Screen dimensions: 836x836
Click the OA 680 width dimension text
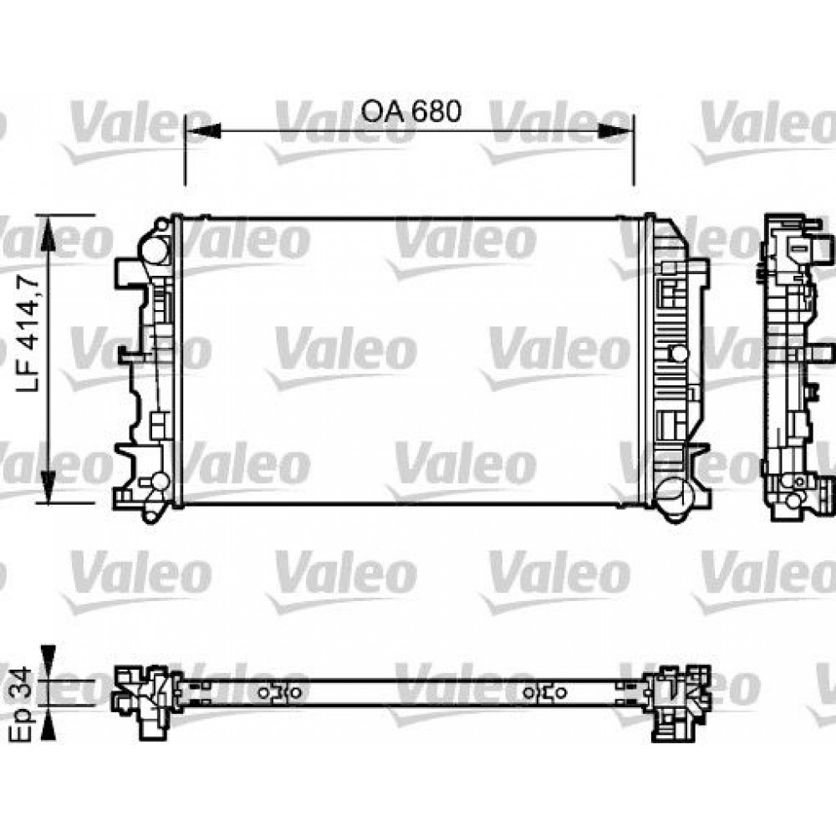coord(410,111)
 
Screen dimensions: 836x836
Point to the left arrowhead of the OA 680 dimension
coord(201,131)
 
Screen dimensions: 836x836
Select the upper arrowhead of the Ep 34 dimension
coord(49,657)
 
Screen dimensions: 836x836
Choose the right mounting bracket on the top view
coord(547,693)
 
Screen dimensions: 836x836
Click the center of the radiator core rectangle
coord(410,361)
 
